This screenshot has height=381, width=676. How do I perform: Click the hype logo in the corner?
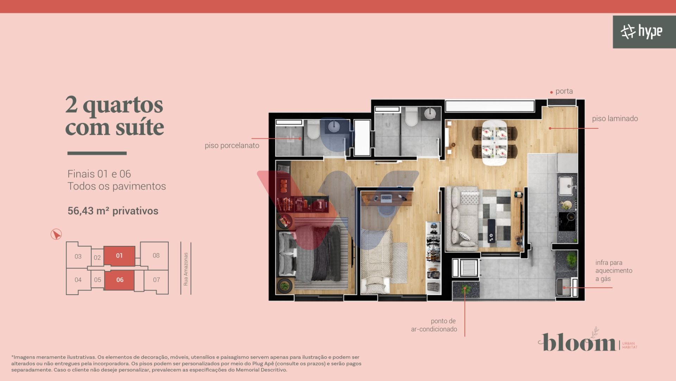641,32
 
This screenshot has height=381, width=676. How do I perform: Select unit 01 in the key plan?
119,256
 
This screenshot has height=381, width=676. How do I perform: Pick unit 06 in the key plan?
120,280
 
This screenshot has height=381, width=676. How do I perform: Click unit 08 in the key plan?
156,255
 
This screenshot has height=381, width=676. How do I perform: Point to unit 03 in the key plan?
78,256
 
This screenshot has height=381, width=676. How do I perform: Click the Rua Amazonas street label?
186,269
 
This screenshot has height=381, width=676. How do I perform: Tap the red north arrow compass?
56,234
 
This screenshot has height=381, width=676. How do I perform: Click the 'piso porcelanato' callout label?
232,145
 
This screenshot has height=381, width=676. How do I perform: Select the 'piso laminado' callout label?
615,119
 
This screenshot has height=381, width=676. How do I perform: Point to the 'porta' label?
564,91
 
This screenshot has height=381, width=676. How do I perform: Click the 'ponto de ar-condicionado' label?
434,325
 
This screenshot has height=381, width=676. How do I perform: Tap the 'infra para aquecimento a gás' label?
614,271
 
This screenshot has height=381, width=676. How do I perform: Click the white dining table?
494,142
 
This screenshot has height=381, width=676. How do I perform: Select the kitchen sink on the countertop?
567,186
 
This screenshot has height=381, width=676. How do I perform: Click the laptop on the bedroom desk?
386,199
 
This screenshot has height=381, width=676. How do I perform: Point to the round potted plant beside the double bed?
284,285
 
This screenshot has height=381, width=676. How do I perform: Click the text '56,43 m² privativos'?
113,211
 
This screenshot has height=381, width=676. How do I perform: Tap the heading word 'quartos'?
123,105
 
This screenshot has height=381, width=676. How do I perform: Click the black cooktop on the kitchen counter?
567,216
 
